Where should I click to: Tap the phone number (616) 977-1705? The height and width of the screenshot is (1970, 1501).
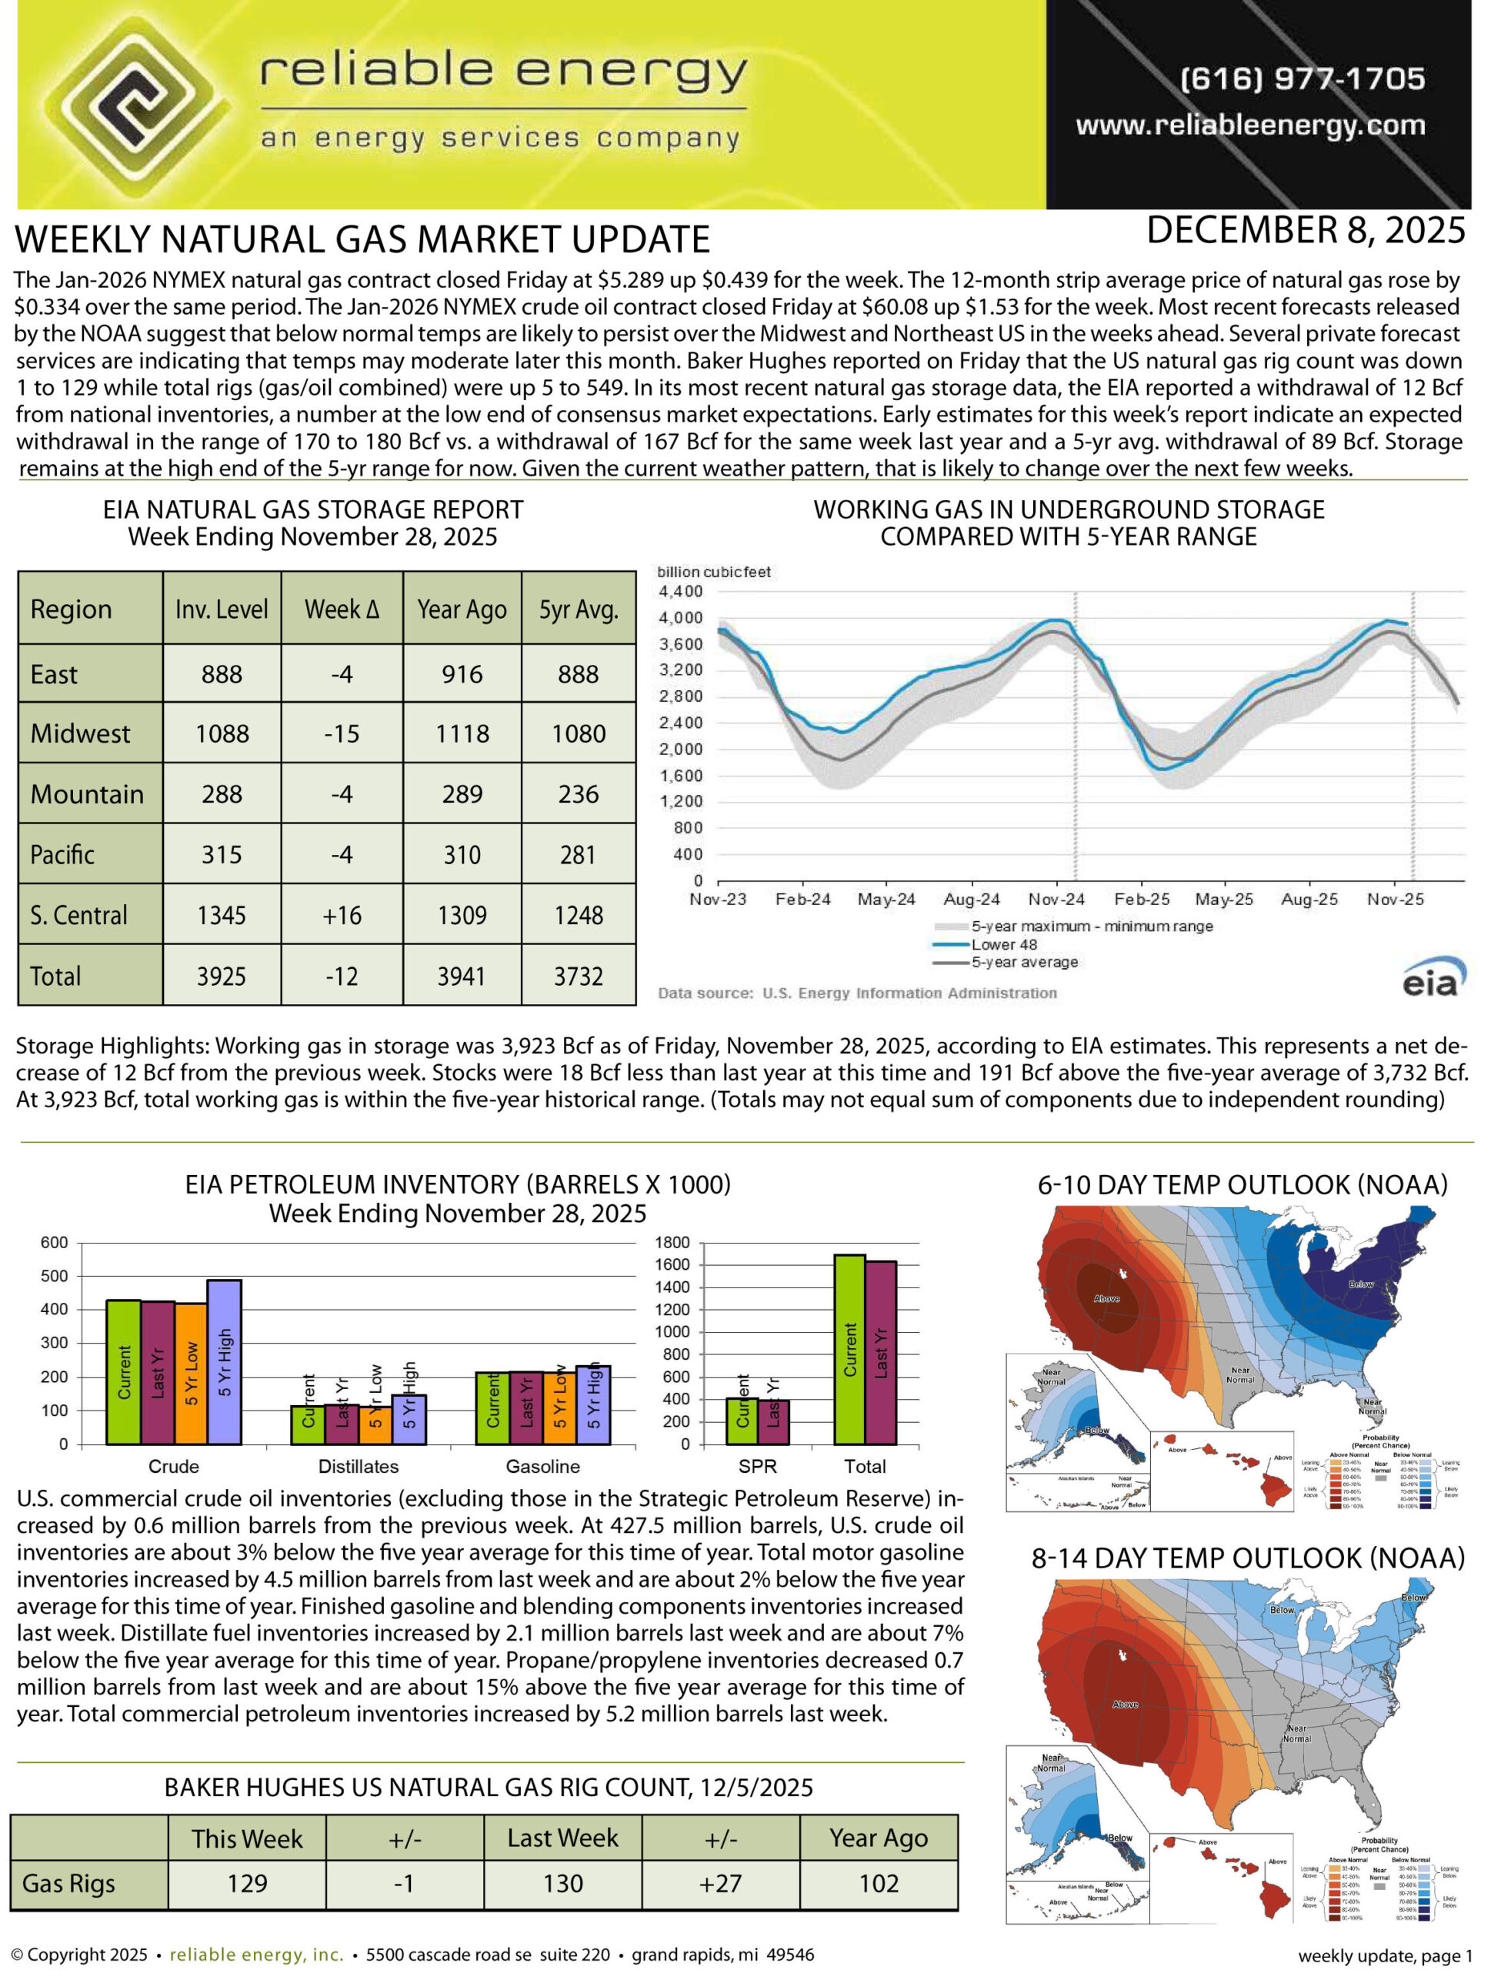click(x=1302, y=78)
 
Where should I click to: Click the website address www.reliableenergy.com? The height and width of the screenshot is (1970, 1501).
click(x=1250, y=126)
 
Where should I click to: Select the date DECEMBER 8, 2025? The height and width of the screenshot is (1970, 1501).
click(x=1306, y=232)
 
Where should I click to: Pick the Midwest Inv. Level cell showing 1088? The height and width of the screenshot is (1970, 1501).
click(x=222, y=734)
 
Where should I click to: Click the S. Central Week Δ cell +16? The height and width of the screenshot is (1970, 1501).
click(x=342, y=916)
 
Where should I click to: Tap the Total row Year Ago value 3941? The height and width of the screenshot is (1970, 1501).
click(x=462, y=977)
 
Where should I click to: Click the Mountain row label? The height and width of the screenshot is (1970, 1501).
click(x=87, y=795)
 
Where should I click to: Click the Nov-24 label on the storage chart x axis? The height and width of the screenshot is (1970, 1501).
click(x=1056, y=900)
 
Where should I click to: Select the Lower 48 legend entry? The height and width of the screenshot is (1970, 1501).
click(x=1003, y=944)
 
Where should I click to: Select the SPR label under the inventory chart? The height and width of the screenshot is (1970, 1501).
click(x=758, y=1466)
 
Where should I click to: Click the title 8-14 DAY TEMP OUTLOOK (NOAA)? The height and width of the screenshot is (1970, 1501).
click(x=1247, y=1558)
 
